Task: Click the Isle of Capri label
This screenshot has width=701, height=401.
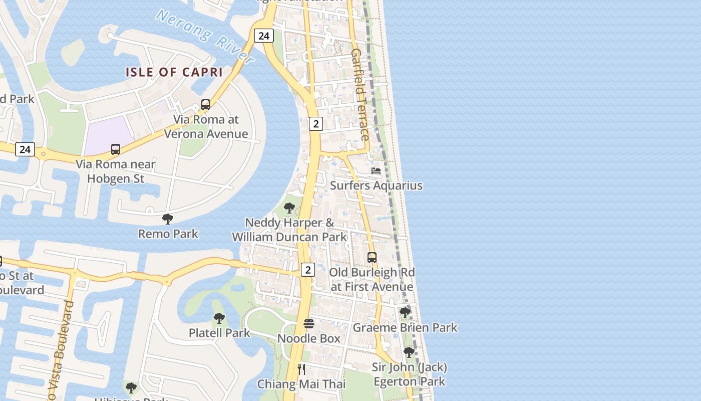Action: coord(174,72)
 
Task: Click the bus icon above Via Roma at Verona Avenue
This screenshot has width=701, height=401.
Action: coord(206,105)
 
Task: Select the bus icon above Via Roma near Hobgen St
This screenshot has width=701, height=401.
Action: coord(116,149)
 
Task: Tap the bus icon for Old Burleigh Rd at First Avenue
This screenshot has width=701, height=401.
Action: coord(372,258)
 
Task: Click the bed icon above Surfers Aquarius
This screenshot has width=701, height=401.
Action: coord(376,171)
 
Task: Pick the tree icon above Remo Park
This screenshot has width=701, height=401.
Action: coord(168,219)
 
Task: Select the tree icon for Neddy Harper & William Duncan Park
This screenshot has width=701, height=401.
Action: coord(289,208)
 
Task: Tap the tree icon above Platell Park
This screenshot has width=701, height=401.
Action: coord(219,318)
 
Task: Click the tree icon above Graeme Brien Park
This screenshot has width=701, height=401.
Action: coord(405,313)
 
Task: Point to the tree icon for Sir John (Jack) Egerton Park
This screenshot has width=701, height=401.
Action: coord(409,352)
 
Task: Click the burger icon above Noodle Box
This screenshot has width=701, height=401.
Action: coord(309,324)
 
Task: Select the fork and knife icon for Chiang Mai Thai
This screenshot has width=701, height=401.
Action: coord(301,369)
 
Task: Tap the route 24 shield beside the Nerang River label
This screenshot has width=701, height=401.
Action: coord(263,36)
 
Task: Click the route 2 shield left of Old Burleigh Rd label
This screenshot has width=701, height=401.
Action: coord(308,270)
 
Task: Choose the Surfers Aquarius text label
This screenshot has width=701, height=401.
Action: coord(376,185)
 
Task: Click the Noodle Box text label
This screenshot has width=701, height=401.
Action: coord(309,338)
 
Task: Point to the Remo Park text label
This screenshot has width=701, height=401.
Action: coord(168,234)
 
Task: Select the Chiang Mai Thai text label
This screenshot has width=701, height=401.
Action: coord(301,384)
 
